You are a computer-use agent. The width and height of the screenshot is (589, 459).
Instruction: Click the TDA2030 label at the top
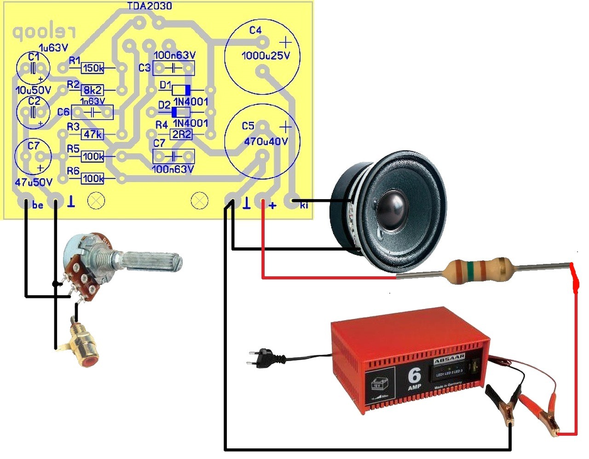(150, 6)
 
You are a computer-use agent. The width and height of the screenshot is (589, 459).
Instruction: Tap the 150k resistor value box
(93, 69)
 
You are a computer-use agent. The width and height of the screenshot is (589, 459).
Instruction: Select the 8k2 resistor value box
(92, 90)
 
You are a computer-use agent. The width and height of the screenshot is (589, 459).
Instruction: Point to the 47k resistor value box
(92, 134)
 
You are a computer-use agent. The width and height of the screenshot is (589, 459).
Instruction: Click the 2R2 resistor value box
(181, 134)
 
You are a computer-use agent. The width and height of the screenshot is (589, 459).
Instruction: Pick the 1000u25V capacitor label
(266, 56)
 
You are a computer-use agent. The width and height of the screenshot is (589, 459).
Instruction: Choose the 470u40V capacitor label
(266, 141)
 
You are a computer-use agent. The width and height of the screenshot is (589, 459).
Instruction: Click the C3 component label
(144, 68)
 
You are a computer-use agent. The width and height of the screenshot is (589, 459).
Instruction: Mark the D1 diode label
(165, 85)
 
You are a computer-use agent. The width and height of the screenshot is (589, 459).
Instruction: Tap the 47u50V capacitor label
(33, 182)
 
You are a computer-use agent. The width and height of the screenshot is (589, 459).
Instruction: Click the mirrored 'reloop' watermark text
(44, 32)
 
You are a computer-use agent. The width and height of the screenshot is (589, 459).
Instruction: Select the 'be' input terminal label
(38, 205)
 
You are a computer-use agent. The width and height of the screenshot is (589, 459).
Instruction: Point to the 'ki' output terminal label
(304, 206)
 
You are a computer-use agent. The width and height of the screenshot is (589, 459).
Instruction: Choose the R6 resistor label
(73, 171)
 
